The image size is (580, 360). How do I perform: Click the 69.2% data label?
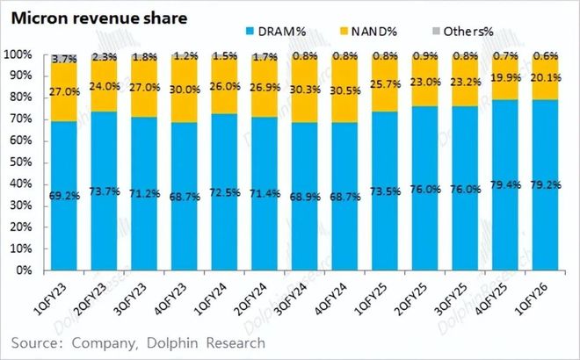click(66, 194)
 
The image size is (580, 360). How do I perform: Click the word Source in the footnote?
click(40, 342)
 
